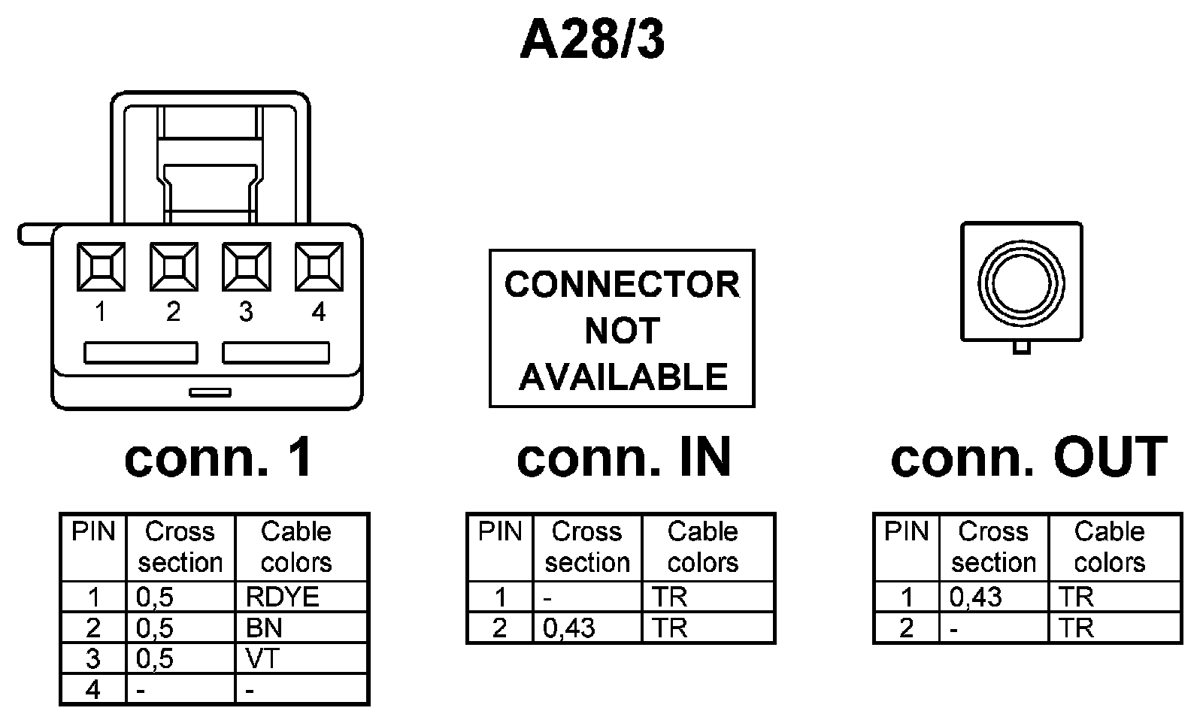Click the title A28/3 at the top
(x=592, y=41)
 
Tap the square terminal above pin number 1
(x=101, y=266)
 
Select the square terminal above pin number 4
(x=319, y=266)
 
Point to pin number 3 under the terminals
(x=246, y=312)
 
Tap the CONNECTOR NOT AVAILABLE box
(x=622, y=329)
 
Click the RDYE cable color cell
(x=283, y=597)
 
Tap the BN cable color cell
(x=264, y=628)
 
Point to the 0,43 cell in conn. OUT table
(x=975, y=597)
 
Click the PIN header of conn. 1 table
(x=93, y=532)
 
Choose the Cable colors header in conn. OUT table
(x=1109, y=546)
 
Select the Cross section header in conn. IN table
(x=587, y=546)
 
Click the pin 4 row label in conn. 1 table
(x=93, y=689)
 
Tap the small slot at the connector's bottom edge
(x=211, y=392)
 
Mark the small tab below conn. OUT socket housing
(x=1021, y=347)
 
